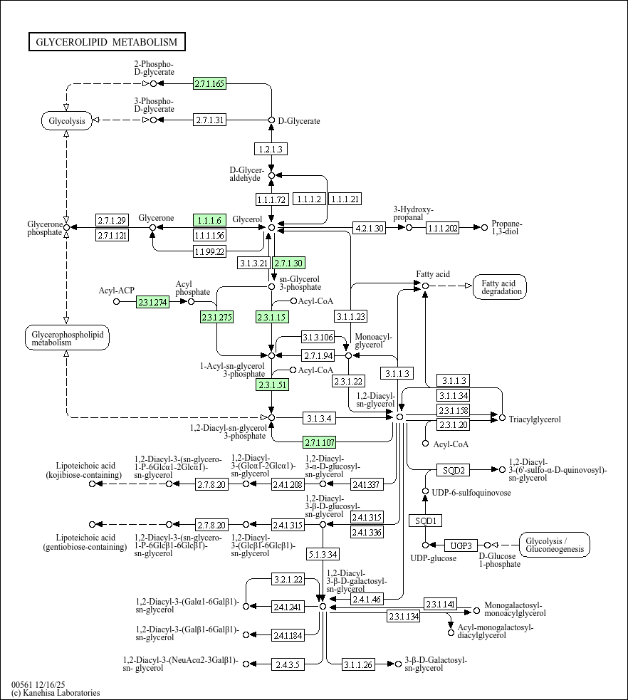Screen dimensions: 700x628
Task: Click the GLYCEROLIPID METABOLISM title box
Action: pyautogui.click(x=108, y=42)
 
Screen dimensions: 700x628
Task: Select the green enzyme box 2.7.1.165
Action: pyautogui.click(x=209, y=83)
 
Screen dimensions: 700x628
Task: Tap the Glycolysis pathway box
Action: pyautogui.click(x=66, y=120)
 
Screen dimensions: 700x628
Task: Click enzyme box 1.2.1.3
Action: pyautogui.click(x=271, y=149)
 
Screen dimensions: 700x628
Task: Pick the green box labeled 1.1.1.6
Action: pyautogui.click(x=209, y=221)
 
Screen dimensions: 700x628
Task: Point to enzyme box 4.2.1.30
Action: pyautogui.click(x=370, y=228)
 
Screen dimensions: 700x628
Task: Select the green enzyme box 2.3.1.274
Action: pyautogui.click(x=152, y=302)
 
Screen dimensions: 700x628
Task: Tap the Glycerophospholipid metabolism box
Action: pyautogui.click(x=66, y=338)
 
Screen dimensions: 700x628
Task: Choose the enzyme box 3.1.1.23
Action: pyautogui.click(x=351, y=316)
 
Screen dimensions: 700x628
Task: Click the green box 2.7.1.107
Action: pyautogui.click(x=319, y=441)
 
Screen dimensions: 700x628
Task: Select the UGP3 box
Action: pyautogui.click(x=461, y=545)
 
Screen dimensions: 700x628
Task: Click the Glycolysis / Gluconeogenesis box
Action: pyautogui.click(x=555, y=545)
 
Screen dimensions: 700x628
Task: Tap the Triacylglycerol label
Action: pyautogui.click(x=534, y=419)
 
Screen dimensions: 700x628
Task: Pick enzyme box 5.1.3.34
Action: pyautogui.click(x=323, y=553)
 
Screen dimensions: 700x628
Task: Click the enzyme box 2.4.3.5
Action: pyautogui.click(x=288, y=664)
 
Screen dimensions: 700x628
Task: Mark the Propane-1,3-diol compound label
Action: pyautogui.click(x=507, y=228)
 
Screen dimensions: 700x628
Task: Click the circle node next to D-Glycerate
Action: pyautogui.click(x=271, y=120)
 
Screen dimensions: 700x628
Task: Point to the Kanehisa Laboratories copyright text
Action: pyautogui.click(x=56, y=693)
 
